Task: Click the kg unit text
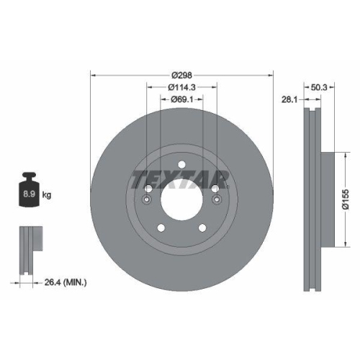pyautogui.click(x=48, y=195)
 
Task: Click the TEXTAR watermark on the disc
pyautogui.click(x=180, y=179)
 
